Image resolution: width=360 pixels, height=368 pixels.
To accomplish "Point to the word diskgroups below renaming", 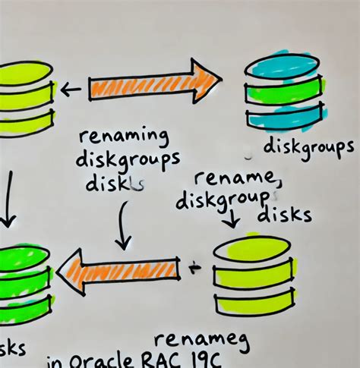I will pyautogui.click(x=128, y=161).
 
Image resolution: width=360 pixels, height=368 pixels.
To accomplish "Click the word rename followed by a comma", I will pyautogui.click(x=238, y=180).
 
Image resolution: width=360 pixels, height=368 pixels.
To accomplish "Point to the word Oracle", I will pyautogui.click(x=109, y=360).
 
